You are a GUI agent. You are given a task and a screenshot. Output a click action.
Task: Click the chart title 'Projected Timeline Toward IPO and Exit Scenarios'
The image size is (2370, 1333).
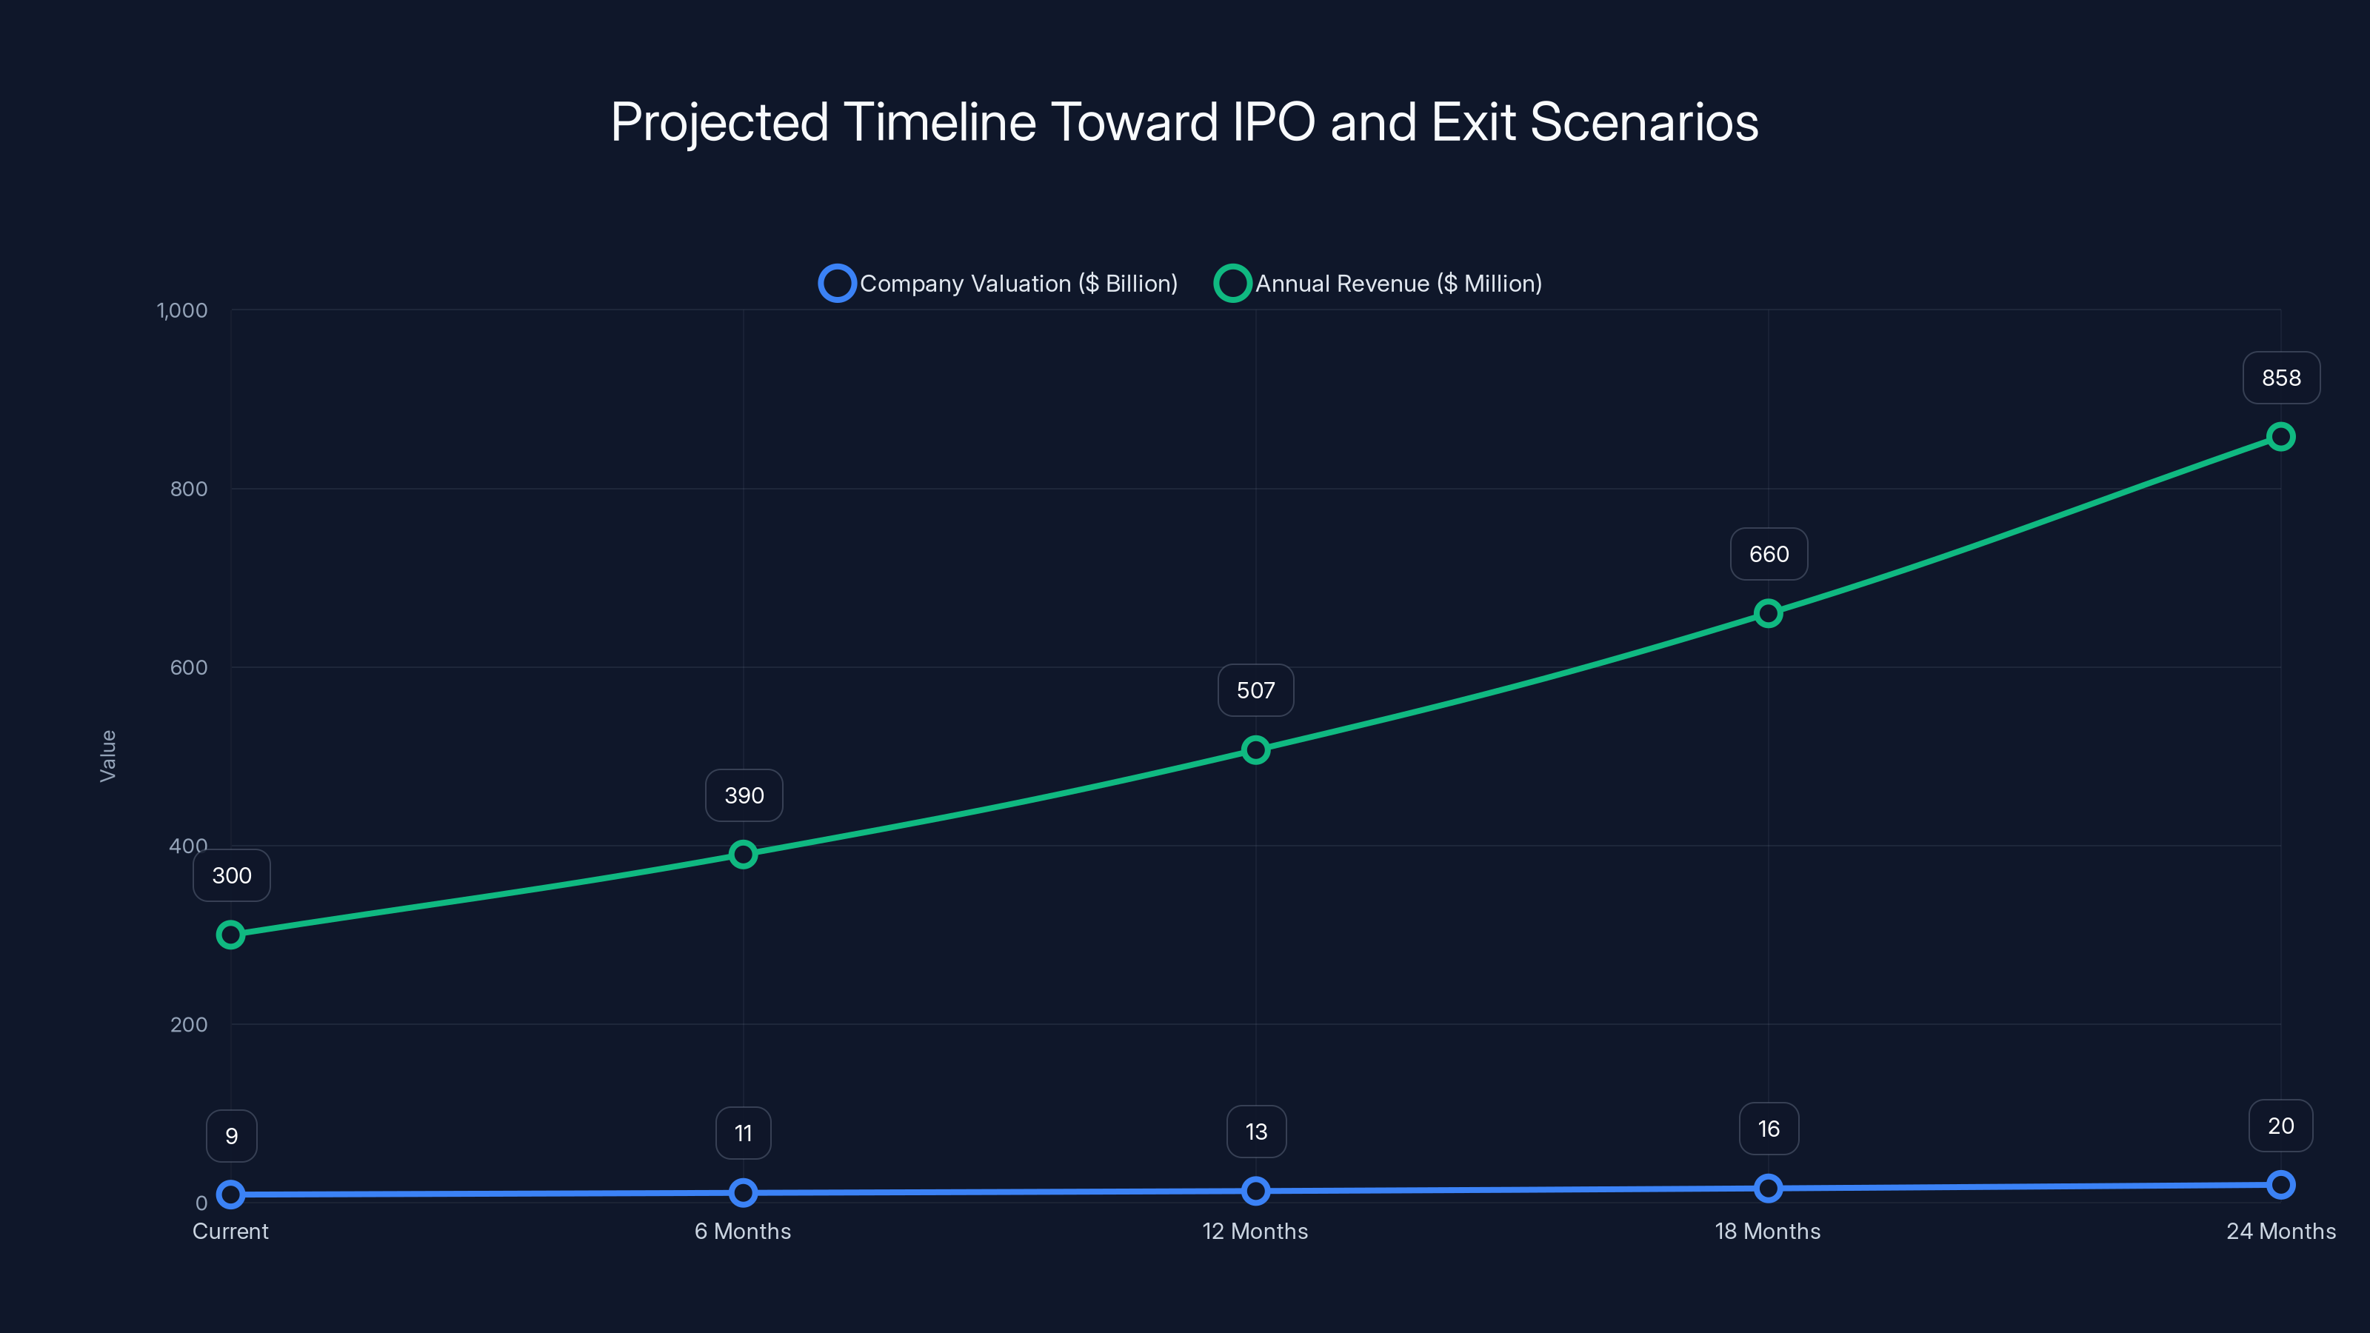click(x=1184, y=122)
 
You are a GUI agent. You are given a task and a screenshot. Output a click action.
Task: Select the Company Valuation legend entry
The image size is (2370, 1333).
click(x=998, y=284)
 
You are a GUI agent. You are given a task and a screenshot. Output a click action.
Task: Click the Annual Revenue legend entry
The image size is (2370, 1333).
click(x=1378, y=284)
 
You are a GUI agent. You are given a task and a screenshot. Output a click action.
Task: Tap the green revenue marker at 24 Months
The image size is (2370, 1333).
click(x=2280, y=437)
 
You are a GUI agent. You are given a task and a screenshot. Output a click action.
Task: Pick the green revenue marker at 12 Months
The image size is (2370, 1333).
click(x=1255, y=749)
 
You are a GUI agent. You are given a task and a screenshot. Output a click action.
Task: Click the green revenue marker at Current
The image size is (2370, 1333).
click(x=231, y=935)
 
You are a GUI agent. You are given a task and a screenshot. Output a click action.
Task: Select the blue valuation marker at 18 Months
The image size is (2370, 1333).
click(x=1767, y=1189)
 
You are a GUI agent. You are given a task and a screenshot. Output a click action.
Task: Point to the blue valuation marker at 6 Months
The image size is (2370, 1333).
click(x=742, y=1193)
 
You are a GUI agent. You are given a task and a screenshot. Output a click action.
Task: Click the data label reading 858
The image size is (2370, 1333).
click(x=2281, y=378)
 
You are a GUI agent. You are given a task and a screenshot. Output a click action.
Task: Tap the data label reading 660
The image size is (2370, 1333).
click(x=1769, y=555)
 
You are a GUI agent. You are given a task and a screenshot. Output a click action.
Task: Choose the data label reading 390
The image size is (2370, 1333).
click(x=744, y=796)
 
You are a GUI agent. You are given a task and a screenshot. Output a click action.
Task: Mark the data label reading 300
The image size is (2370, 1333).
click(x=232, y=876)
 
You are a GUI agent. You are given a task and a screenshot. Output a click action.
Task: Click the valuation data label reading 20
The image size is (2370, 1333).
click(x=2280, y=1126)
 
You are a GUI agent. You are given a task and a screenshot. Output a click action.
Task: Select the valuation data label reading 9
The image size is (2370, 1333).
click(x=232, y=1136)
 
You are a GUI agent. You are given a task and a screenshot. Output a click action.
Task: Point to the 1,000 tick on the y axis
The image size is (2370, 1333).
click(x=182, y=311)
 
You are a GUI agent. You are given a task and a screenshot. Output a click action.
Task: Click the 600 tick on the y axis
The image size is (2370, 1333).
click(x=189, y=668)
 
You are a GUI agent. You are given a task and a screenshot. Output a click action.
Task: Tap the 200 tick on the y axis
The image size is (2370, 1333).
click(x=189, y=1025)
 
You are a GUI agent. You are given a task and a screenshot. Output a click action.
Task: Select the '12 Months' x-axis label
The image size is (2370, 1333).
click(x=1255, y=1231)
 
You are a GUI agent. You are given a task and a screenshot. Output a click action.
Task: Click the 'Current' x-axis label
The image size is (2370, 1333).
click(x=230, y=1231)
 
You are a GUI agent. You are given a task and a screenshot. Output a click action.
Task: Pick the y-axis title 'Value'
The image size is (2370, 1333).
click(x=107, y=756)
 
